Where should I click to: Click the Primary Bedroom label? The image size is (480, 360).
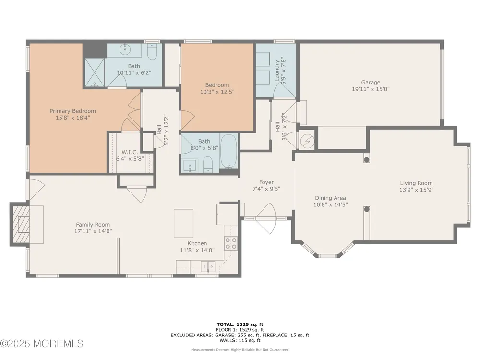coord(72,111)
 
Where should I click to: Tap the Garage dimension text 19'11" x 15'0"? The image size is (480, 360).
coord(371,89)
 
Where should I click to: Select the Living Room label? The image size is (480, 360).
coord(416,183)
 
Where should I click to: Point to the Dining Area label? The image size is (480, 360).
coord(330,198)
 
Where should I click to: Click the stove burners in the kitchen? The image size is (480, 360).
coord(231,243)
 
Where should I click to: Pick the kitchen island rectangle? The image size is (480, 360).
coord(184,223)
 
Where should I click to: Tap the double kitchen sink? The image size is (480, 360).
coord(208,266)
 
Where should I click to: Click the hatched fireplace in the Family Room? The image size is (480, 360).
coord(21,224)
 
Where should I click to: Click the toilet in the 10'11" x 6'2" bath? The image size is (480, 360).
coord(152,52)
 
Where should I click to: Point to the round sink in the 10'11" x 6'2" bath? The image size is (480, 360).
coord(125,49)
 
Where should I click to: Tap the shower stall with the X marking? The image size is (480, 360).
coord(95,72)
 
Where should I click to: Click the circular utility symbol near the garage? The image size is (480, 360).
coord(307,141)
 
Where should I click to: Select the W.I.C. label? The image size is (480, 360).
coord(130,152)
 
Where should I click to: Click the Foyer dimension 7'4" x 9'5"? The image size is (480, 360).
coord(266,189)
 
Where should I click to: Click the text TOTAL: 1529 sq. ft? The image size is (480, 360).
coord(240,324)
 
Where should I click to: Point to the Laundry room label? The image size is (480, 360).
coord(277,71)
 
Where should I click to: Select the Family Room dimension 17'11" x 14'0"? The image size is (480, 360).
coord(93,231)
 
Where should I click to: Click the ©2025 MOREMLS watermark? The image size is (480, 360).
coord(42,344)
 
